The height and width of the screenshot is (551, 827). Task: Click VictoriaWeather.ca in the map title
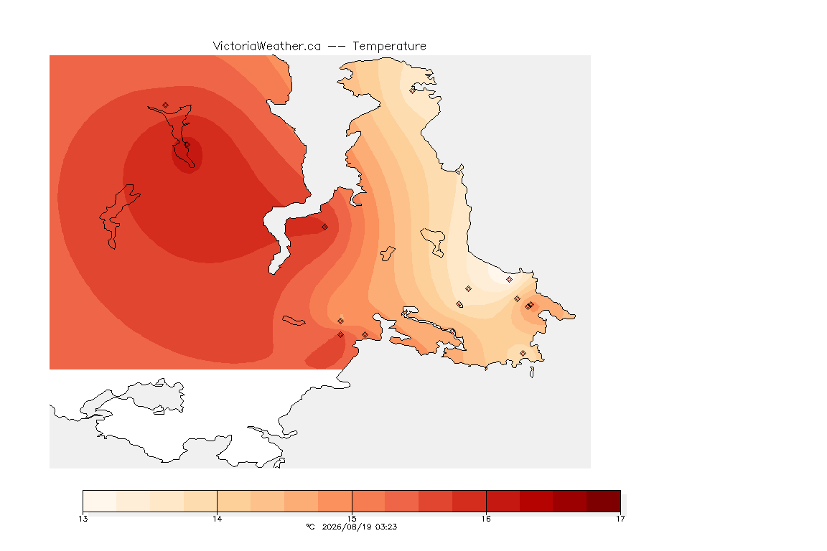click(267, 46)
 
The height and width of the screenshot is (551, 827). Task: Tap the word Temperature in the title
click(389, 46)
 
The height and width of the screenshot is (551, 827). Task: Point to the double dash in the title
click(337, 47)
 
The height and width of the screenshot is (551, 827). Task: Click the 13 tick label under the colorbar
click(83, 519)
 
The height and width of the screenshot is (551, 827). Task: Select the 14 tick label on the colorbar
click(218, 519)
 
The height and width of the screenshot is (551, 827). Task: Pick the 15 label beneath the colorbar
click(352, 519)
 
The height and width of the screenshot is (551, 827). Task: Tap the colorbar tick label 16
click(486, 519)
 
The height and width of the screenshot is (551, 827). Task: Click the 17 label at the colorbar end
click(620, 519)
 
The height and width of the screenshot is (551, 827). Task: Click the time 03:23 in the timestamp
click(386, 527)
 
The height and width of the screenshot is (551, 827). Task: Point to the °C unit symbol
click(310, 527)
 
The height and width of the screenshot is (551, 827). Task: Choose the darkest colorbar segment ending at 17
click(603, 501)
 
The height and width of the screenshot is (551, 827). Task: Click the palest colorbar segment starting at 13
click(100, 501)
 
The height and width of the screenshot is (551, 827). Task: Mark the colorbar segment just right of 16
click(503, 501)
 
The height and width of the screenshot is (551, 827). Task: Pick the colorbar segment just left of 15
click(335, 501)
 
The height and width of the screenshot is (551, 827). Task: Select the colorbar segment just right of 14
click(234, 501)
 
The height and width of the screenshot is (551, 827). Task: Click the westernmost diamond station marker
click(166, 105)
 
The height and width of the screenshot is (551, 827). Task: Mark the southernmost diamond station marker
click(523, 353)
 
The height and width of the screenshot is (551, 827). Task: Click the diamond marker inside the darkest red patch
click(187, 144)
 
